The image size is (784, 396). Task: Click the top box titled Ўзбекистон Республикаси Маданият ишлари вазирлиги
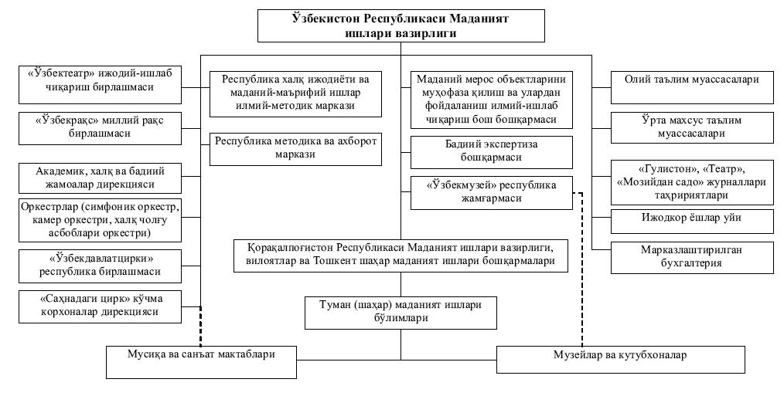401,25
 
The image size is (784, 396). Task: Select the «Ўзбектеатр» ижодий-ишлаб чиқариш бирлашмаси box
100,85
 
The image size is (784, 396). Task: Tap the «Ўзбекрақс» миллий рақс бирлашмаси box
100,128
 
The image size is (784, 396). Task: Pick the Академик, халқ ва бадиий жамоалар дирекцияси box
100,178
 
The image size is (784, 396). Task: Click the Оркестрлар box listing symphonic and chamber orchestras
100,220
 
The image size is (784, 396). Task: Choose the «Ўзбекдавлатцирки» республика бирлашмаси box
100,266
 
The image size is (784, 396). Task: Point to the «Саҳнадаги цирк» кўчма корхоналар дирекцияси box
100,306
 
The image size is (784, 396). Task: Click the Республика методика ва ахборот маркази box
295,149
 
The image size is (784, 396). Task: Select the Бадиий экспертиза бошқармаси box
492,152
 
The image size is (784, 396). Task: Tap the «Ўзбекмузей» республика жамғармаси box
492,192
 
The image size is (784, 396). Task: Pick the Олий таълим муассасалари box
692,87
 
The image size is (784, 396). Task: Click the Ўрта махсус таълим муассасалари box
692,128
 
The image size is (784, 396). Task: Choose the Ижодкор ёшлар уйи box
692,222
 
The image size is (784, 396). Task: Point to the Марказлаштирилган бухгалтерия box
692,257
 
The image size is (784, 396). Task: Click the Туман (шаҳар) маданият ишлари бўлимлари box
401,313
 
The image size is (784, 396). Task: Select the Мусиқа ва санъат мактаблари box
201,362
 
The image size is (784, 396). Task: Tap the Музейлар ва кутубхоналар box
621,359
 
